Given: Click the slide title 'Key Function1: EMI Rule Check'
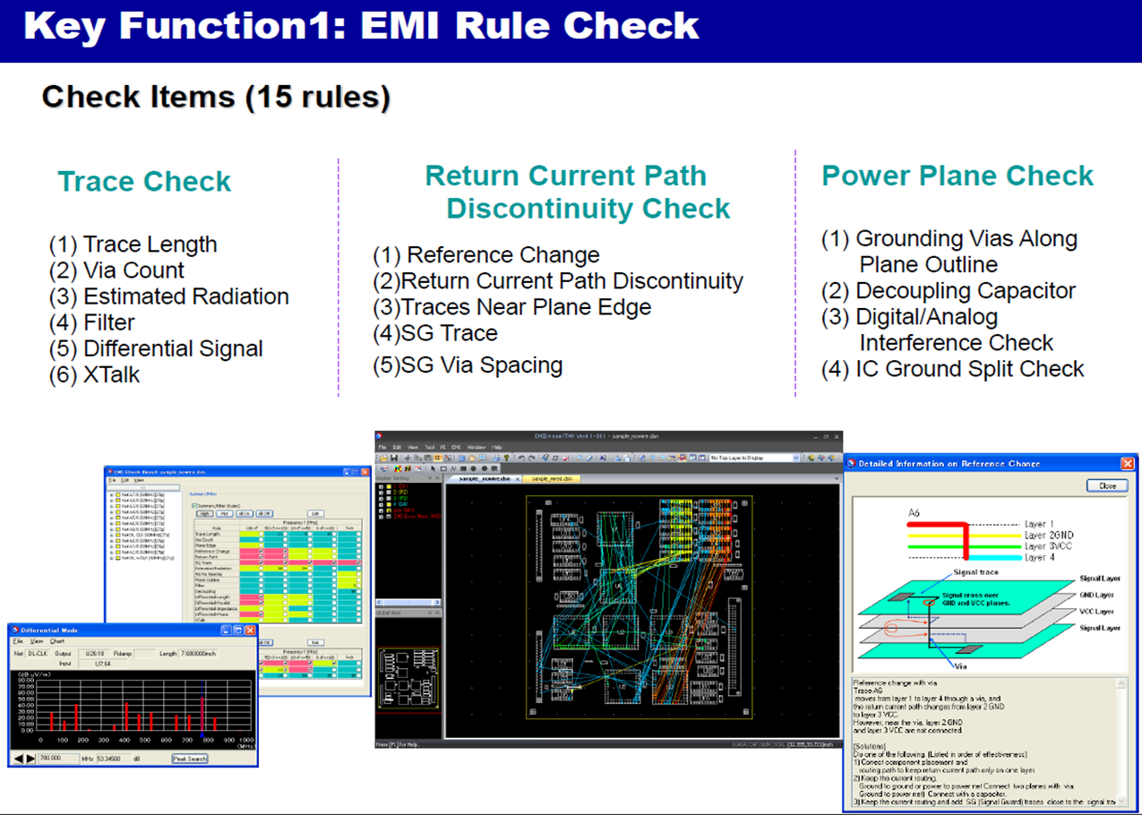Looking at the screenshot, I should tap(361, 26).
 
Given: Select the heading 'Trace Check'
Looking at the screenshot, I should tap(144, 182).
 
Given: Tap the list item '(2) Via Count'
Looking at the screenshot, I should tap(116, 270).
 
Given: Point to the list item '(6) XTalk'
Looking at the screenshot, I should tap(94, 374).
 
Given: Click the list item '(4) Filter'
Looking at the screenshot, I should tap(92, 322).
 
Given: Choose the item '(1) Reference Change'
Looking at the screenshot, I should tap(485, 255).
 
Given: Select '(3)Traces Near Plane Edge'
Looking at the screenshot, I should tap(511, 307).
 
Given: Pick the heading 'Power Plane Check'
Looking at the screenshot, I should tap(957, 176).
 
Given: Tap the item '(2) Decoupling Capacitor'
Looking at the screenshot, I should tap(949, 291).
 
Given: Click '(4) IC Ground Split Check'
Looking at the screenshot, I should tap(952, 369).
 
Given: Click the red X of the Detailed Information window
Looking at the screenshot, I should tap(1128, 463).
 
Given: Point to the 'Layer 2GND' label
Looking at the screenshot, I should tap(1048, 535).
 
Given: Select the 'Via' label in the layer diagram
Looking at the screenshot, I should tap(959, 666).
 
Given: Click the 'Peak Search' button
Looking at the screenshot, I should tap(190, 759).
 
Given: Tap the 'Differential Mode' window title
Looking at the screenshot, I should tap(49, 631).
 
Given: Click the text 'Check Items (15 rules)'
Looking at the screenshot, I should tap(216, 97).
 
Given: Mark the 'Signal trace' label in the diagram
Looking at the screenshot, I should tap(976, 572).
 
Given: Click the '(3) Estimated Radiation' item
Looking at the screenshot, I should tap(169, 296).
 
